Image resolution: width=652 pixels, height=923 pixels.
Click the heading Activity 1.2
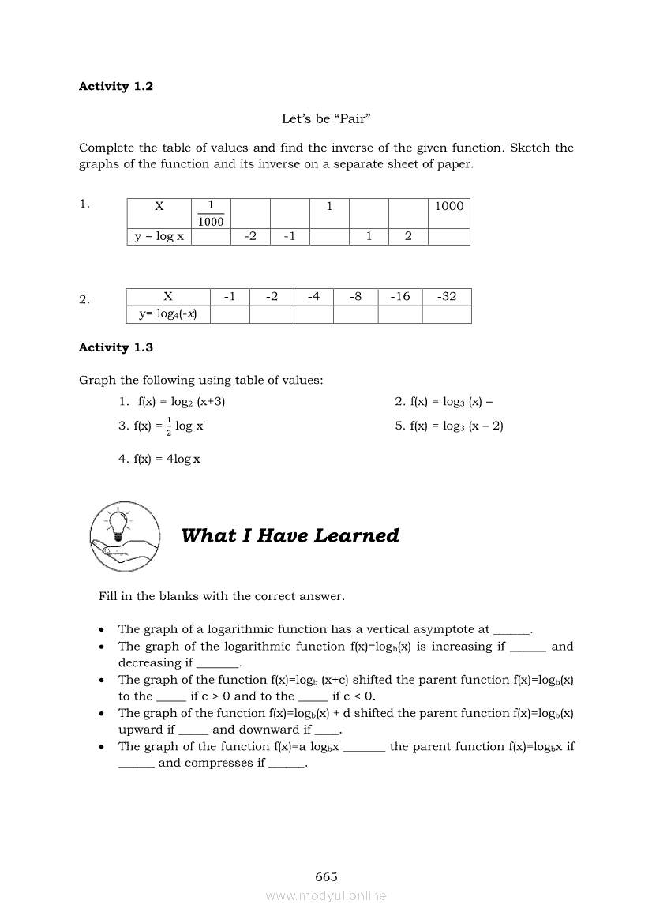116,87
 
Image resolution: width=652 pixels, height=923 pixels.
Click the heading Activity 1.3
116,347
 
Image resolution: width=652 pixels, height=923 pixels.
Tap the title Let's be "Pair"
326,119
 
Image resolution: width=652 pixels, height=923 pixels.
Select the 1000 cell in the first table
449,206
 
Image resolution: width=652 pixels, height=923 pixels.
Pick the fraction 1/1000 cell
211,213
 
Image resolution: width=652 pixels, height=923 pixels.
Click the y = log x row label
159,236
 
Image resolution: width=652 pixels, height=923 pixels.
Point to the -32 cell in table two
447,297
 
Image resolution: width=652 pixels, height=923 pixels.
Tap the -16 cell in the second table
400,297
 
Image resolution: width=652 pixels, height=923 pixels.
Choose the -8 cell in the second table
355,297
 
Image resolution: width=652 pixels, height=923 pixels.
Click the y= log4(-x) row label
168,314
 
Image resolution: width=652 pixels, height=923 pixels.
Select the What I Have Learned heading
290,536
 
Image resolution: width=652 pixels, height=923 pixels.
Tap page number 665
326,876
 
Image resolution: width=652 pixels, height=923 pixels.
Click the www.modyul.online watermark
326,895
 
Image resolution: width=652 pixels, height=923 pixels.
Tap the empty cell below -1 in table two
230,314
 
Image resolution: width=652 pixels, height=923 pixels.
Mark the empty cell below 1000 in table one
449,236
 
